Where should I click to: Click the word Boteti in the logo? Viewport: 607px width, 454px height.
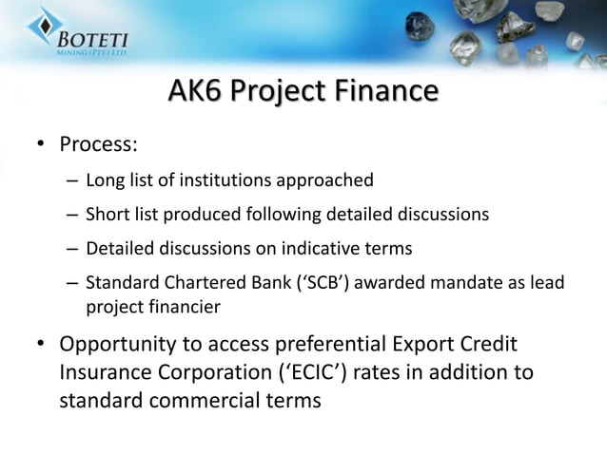89,42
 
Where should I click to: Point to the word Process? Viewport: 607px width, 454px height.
98,145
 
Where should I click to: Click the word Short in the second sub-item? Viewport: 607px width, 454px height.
106,215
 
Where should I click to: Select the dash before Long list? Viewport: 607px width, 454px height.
72,180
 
